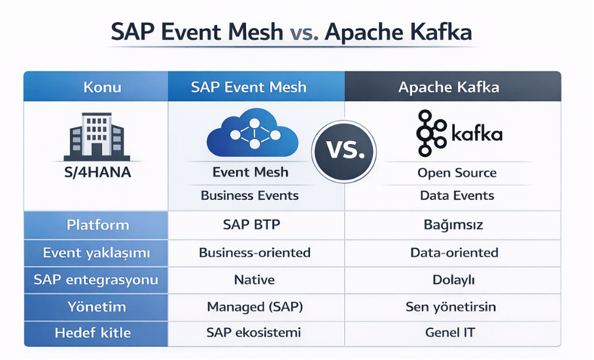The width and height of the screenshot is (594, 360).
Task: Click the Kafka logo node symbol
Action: click(x=432, y=134)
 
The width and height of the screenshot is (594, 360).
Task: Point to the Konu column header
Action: click(x=102, y=87)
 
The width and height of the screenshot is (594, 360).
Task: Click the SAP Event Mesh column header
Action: click(x=249, y=87)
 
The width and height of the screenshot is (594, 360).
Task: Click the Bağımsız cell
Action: click(x=453, y=225)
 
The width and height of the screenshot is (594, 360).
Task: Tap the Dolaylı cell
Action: click(x=453, y=279)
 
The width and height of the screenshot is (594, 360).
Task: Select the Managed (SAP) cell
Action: click(x=254, y=306)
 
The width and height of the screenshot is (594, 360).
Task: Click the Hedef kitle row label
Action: click(x=97, y=333)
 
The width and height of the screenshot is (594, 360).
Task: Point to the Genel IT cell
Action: click(x=453, y=333)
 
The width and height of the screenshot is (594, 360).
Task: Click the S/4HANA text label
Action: click(x=96, y=174)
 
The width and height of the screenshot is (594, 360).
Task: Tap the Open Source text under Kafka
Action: click(x=457, y=173)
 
